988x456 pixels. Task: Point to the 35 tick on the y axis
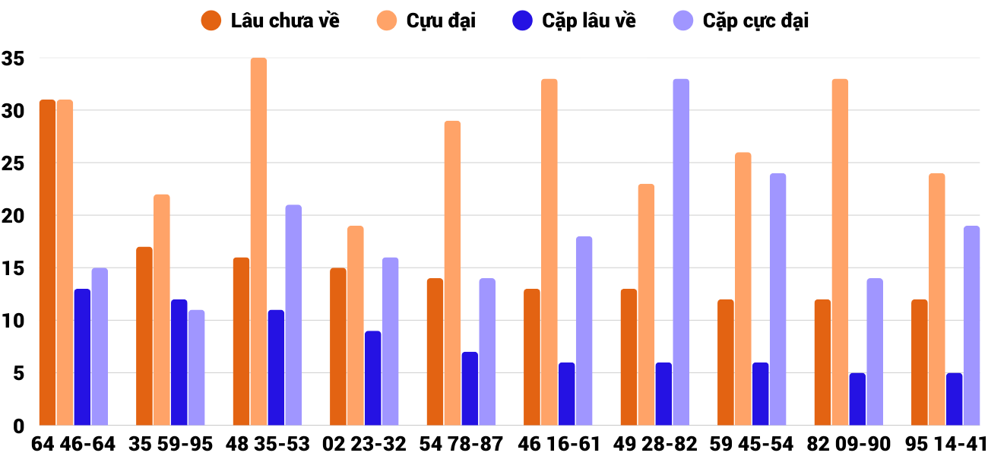click(x=14, y=59)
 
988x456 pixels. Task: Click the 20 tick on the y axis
click(x=14, y=216)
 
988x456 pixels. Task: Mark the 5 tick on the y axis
click(x=18, y=373)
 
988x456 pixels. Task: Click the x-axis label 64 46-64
click(x=73, y=444)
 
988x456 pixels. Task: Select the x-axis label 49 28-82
click(x=655, y=444)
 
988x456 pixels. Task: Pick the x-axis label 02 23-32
click(x=364, y=444)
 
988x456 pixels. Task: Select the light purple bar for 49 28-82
click(x=681, y=252)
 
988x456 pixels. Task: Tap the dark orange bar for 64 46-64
click(x=47, y=263)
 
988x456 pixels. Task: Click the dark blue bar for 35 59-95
click(x=179, y=363)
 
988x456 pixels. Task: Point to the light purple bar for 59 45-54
click(x=777, y=299)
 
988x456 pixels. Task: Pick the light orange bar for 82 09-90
click(x=840, y=252)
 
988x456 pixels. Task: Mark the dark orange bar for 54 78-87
click(x=435, y=352)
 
